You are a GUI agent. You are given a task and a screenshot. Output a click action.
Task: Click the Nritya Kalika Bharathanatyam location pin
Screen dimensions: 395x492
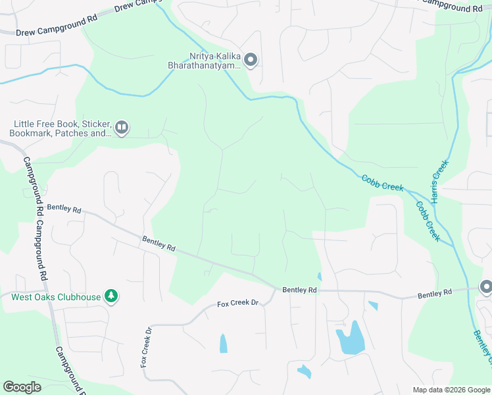point(250,61)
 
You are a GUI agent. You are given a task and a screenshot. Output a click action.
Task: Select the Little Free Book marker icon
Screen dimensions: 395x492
point(121,128)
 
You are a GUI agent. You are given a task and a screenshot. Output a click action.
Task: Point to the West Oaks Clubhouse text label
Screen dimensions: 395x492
point(56,297)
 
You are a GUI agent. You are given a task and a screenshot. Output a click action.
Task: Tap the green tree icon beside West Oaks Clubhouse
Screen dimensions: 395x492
point(112,297)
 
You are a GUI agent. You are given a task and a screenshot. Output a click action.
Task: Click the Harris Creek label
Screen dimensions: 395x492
point(438,177)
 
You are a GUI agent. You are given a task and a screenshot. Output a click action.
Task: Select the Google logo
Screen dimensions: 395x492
point(22,387)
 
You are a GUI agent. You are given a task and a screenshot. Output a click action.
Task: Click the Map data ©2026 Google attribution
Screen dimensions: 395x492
point(451,390)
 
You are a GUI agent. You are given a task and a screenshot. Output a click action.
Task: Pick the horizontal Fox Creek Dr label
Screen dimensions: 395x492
point(239,303)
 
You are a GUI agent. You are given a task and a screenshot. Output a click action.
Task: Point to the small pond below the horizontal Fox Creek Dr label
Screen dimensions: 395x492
point(223,343)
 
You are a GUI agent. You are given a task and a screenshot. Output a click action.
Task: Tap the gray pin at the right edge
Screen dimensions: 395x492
point(486,286)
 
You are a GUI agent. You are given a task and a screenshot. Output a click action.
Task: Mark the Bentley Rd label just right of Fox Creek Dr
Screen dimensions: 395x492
point(299,290)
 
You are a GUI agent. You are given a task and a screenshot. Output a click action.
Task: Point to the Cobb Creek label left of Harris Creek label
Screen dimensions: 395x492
point(382,183)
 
